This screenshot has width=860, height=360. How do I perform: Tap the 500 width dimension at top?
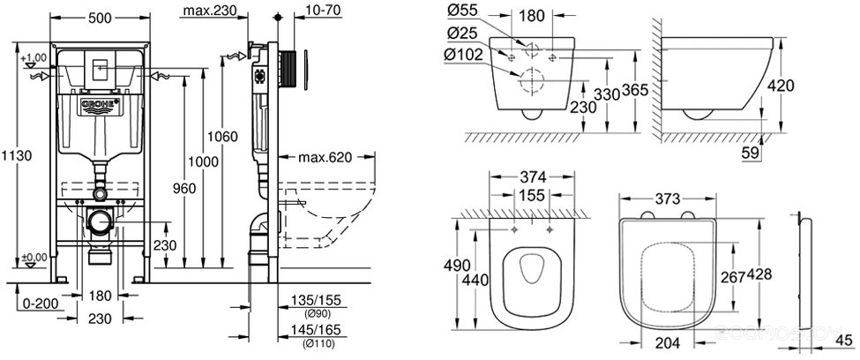click(100, 19)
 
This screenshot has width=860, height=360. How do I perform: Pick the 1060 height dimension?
click(222, 136)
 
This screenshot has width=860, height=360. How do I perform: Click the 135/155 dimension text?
click(316, 300)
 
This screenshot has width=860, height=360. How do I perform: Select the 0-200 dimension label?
click(41, 304)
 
